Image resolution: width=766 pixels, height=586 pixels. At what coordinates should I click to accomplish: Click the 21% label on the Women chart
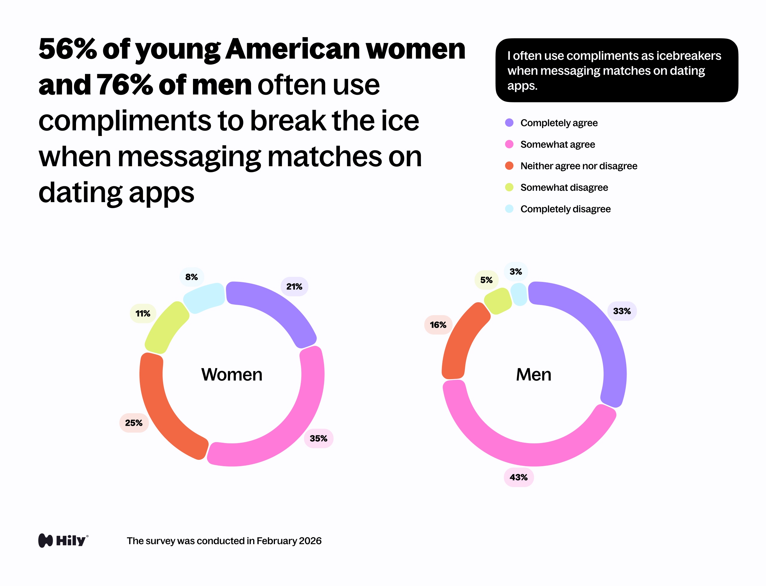coord(294,286)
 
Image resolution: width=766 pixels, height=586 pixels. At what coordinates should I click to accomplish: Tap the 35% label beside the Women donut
coord(318,438)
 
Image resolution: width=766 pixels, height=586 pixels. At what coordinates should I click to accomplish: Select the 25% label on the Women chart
coord(134,423)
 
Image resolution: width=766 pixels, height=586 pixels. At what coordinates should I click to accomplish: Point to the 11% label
coord(143,313)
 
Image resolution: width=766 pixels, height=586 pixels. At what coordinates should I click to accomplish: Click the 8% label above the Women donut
coord(192,277)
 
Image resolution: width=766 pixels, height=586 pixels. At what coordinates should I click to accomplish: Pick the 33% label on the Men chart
coord(622,311)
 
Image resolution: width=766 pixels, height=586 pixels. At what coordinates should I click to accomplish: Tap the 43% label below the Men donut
coord(519,477)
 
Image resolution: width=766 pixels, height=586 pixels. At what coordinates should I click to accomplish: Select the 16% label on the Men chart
coord(438,325)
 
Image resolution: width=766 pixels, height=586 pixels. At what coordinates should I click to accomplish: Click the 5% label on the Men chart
coord(486,280)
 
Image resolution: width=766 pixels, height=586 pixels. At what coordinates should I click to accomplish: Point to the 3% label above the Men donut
coord(516,271)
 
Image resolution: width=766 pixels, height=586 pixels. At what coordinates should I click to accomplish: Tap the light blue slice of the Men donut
coord(519,294)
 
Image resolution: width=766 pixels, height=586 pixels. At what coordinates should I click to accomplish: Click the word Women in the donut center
coord(232,374)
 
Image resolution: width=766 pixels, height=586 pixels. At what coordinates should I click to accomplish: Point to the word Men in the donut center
coord(534,374)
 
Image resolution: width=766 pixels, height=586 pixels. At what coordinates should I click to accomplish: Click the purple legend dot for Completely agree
coord(509,123)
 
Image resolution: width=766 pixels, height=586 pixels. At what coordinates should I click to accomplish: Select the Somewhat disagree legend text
coord(564,187)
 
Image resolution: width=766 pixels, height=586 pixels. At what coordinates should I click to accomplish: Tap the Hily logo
coord(63,540)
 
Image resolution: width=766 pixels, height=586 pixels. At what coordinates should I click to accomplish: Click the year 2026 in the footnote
coord(310,541)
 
